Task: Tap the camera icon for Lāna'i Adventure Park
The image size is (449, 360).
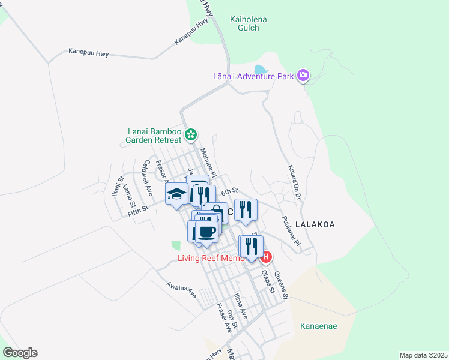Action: click(303, 76)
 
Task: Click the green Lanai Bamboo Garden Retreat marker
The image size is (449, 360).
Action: click(191, 134)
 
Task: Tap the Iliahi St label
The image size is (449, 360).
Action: click(116, 187)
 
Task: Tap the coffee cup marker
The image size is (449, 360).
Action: click(208, 232)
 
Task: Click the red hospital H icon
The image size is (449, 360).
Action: click(267, 257)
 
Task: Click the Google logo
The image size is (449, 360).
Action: click(20, 352)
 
